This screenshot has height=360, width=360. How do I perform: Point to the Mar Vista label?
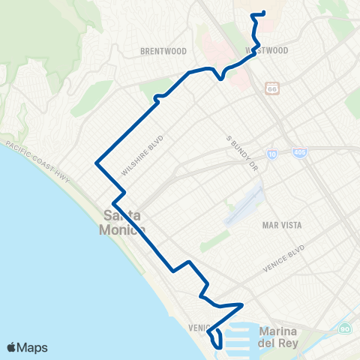(280, 224)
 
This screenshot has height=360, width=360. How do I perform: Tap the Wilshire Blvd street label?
(142, 156)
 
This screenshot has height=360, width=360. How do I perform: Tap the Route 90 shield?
(344, 328)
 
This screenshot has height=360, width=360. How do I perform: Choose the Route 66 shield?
(271, 88)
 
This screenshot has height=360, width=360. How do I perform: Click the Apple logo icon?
(12, 347)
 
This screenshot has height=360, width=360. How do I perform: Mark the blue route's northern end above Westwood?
(265, 13)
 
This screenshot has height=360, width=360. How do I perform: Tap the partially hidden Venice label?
(196, 328)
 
